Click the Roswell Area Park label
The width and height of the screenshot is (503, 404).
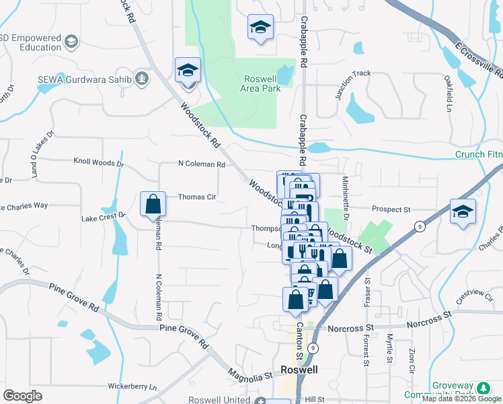click(260, 83)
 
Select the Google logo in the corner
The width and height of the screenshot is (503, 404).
click(23, 396)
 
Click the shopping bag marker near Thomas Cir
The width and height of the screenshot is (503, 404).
click(153, 203)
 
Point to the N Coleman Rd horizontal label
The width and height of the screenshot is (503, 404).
click(201, 164)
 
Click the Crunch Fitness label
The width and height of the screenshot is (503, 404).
click(479, 154)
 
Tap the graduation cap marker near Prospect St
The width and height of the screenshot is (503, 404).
click(463, 211)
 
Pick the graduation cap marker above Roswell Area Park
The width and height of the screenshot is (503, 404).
click(260, 27)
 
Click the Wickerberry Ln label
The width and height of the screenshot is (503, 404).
click(132, 387)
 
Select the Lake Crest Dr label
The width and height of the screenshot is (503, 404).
click(103, 217)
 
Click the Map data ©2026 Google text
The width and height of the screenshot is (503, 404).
click(461, 399)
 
